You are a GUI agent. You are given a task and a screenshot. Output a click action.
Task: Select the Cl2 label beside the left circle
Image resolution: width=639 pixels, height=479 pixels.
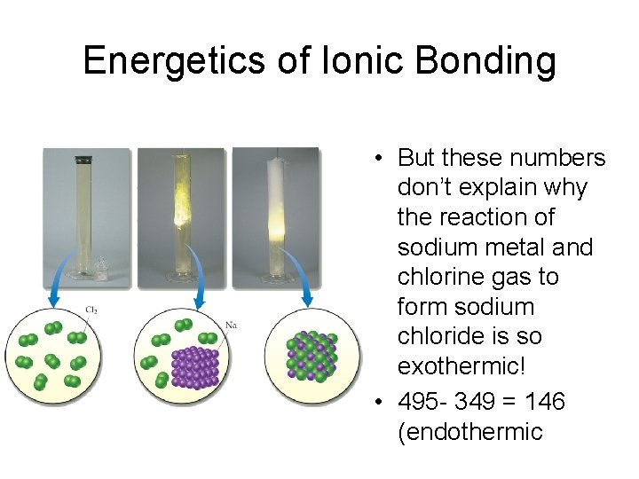point(91,310)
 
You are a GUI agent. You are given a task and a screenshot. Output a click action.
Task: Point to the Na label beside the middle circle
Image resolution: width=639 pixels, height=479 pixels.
point(231,325)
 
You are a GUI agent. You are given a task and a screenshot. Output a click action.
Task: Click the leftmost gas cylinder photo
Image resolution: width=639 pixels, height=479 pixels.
point(87,213)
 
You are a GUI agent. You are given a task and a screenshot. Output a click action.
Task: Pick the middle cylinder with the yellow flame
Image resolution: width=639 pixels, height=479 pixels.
point(183,213)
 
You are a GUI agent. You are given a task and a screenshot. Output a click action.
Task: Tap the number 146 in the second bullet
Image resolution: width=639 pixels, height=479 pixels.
point(544,402)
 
